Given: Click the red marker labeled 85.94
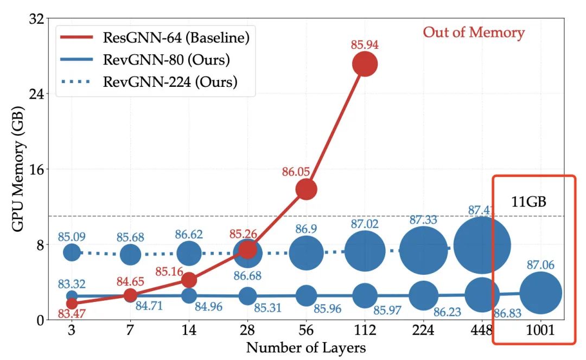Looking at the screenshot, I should pos(365,65).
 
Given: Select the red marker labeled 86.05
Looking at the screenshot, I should pos(305,189).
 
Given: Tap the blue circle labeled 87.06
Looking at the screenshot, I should pos(540,293).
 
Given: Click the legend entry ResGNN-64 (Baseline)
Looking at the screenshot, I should pos(176,38).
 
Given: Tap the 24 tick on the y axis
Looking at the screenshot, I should pos(36,93).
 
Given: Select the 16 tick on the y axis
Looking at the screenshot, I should pos(36,169).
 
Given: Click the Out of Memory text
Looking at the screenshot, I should pos(474,33).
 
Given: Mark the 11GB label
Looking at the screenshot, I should pos(528,202).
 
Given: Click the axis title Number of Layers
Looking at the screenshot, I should pos(305,348).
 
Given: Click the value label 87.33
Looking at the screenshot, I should pos(423,220).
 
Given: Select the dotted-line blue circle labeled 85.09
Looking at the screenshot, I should pos(72,252).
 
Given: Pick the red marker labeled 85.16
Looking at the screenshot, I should pos(188,280).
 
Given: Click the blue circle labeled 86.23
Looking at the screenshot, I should pos(423,295).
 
